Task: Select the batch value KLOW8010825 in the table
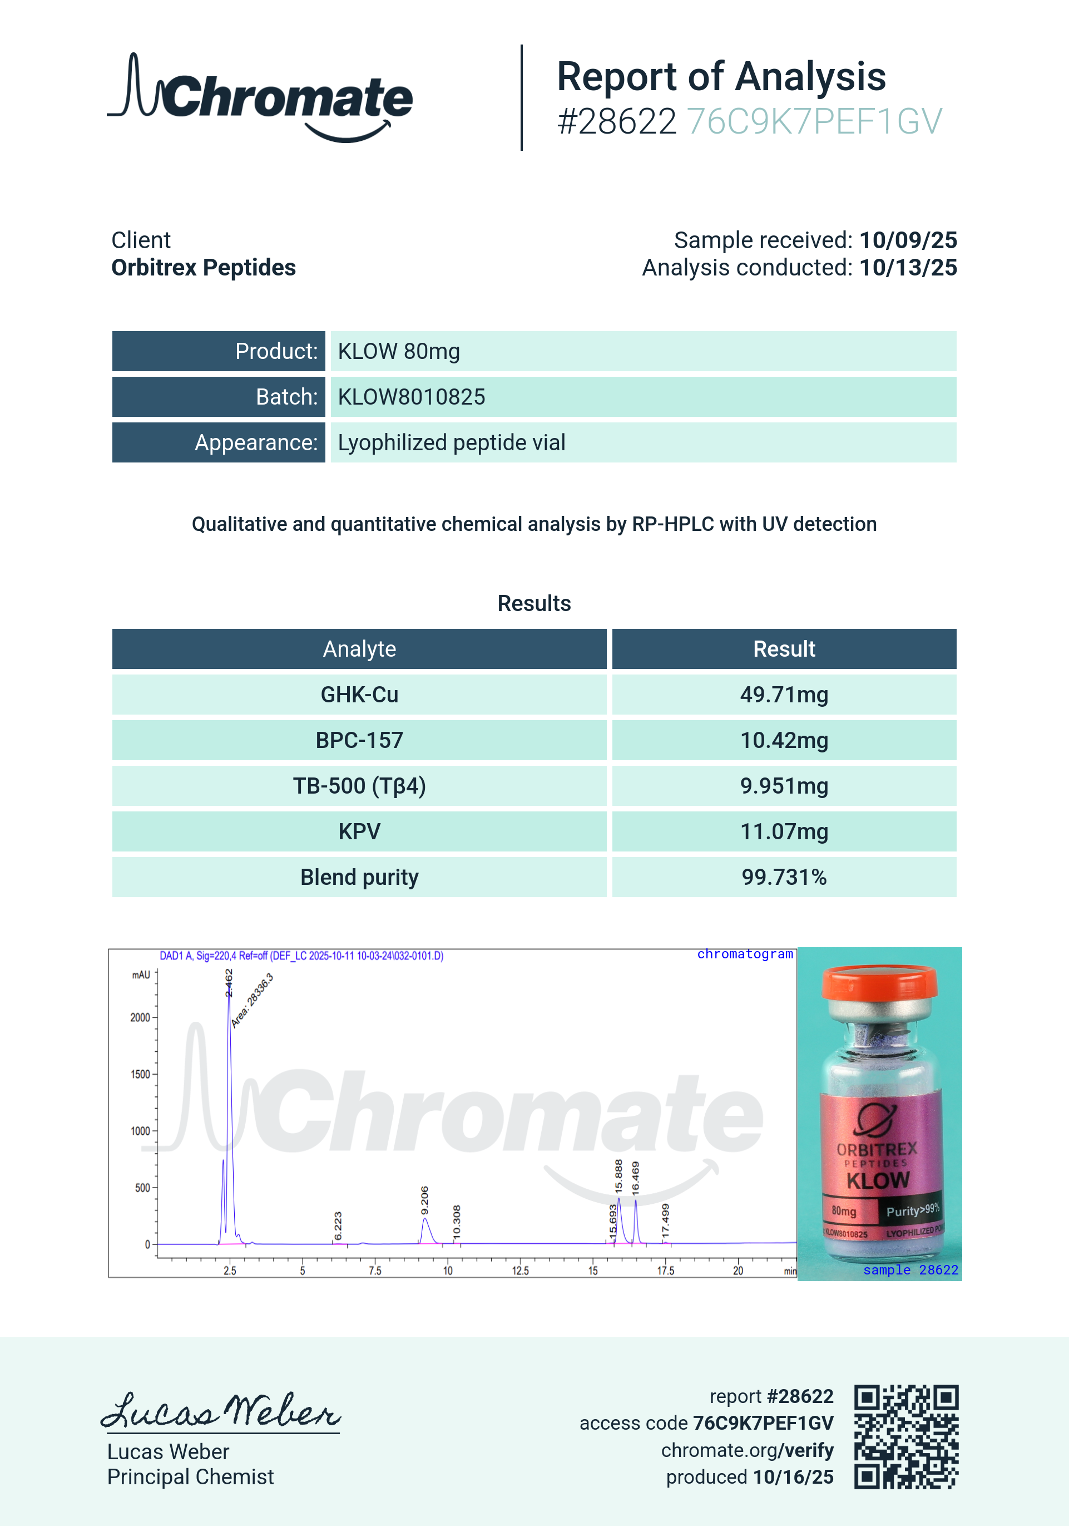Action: pos(411,397)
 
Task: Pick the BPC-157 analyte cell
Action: pos(359,740)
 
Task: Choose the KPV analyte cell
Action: pos(359,831)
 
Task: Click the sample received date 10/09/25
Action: pos(908,240)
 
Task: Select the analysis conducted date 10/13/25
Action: pos(908,267)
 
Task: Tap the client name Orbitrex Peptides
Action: pos(204,267)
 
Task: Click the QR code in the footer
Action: pos(905,1436)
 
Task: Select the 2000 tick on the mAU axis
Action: pos(140,1017)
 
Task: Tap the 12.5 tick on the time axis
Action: pos(520,1271)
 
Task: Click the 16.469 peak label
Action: pos(636,1178)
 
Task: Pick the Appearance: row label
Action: pos(256,442)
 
